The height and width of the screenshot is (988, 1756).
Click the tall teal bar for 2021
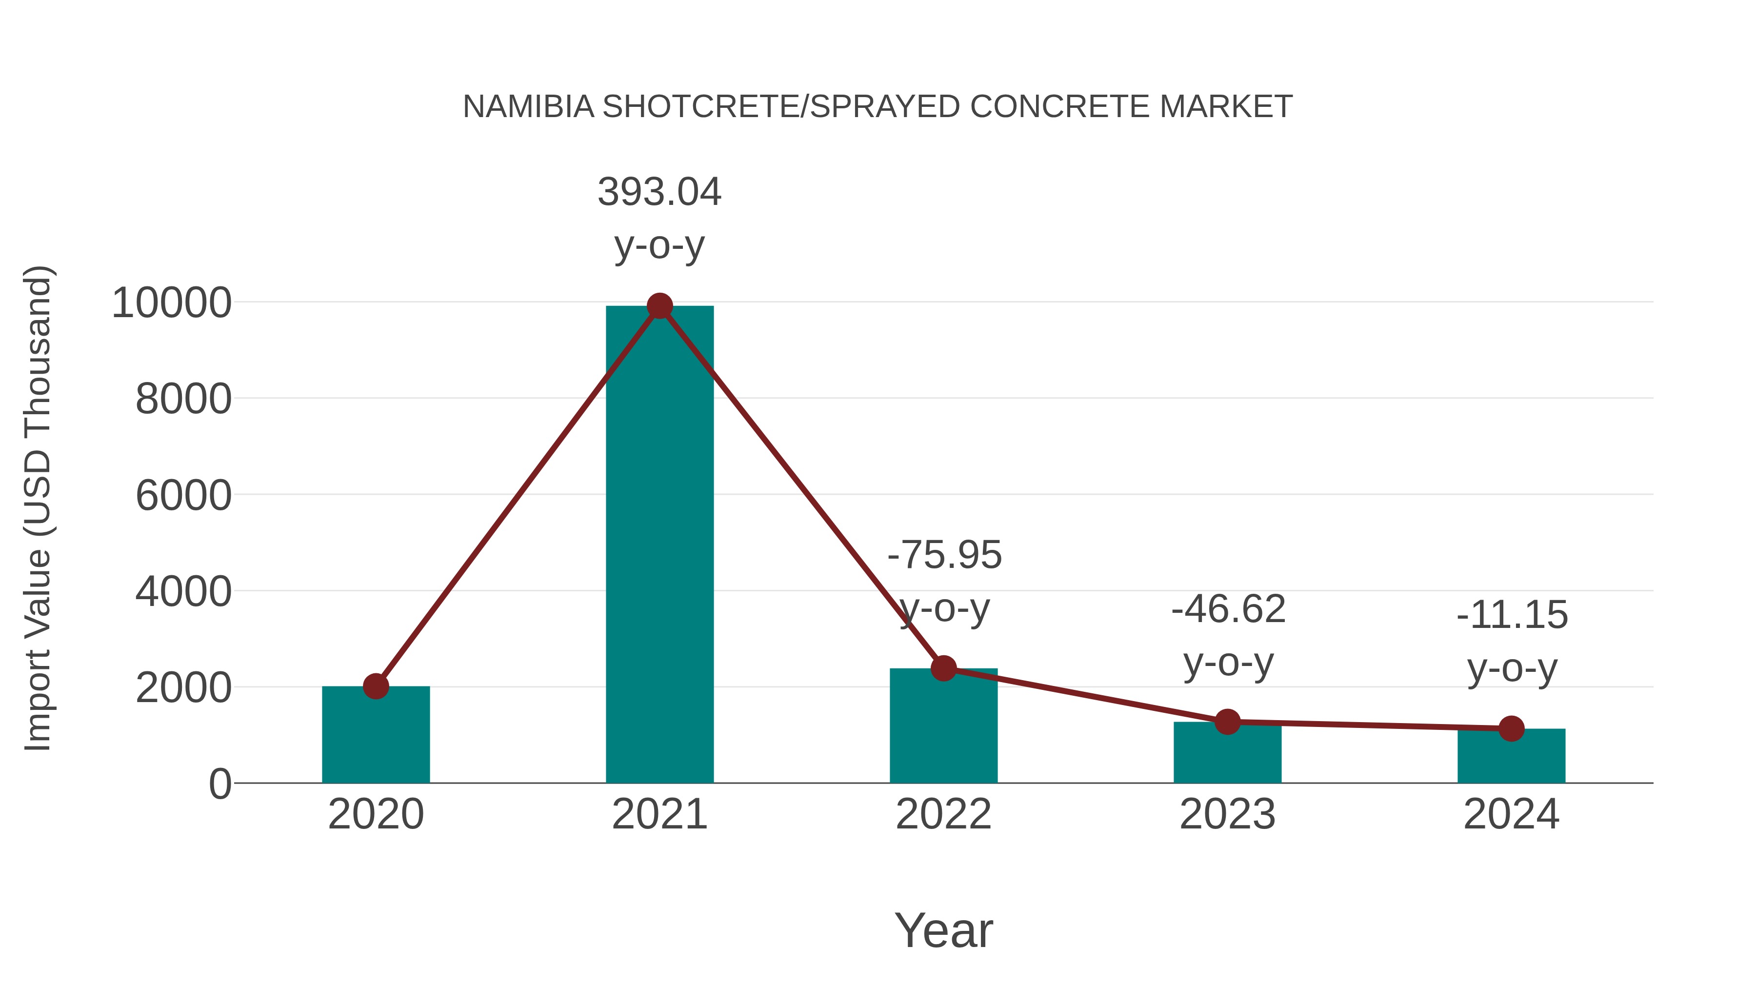(659, 545)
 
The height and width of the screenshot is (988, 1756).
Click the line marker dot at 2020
(376, 686)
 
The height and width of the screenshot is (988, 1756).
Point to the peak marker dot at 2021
(659, 306)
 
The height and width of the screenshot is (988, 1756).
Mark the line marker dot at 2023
(1227, 722)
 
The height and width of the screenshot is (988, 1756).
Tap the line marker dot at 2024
(1511, 728)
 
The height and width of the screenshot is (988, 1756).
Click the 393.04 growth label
(659, 192)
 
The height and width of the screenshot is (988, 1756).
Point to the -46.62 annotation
(1228, 609)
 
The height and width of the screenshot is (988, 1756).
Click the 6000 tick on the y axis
(183, 496)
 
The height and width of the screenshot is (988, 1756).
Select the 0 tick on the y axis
(219, 784)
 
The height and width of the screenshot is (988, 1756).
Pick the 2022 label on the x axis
(943, 814)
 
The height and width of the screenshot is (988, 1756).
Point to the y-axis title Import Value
(38, 508)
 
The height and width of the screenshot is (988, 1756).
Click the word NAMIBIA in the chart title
(528, 107)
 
